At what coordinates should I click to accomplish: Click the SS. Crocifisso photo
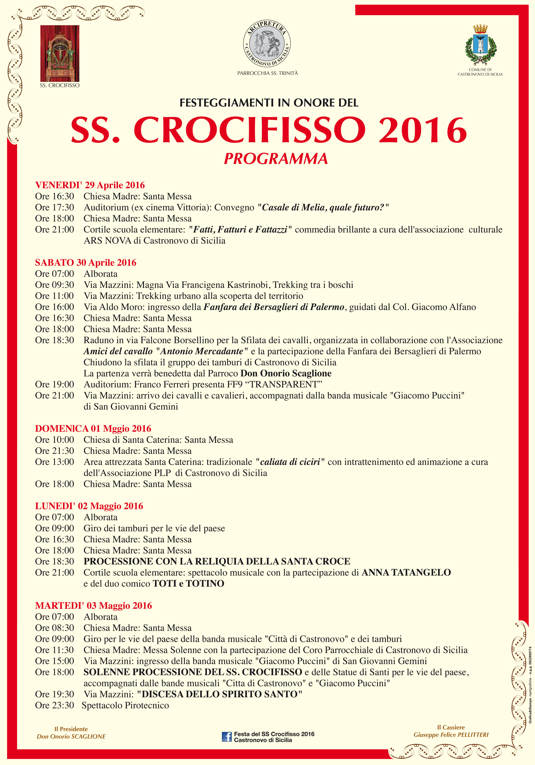pyautogui.click(x=60, y=53)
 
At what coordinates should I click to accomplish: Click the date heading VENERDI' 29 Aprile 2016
pyautogui.click(x=90, y=185)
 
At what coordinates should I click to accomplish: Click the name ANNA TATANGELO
pyautogui.click(x=406, y=572)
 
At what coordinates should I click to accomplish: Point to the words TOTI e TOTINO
pyautogui.click(x=188, y=583)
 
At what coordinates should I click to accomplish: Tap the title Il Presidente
pyautogui.click(x=71, y=729)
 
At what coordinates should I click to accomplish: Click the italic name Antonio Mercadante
pyautogui.click(x=202, y=351)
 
